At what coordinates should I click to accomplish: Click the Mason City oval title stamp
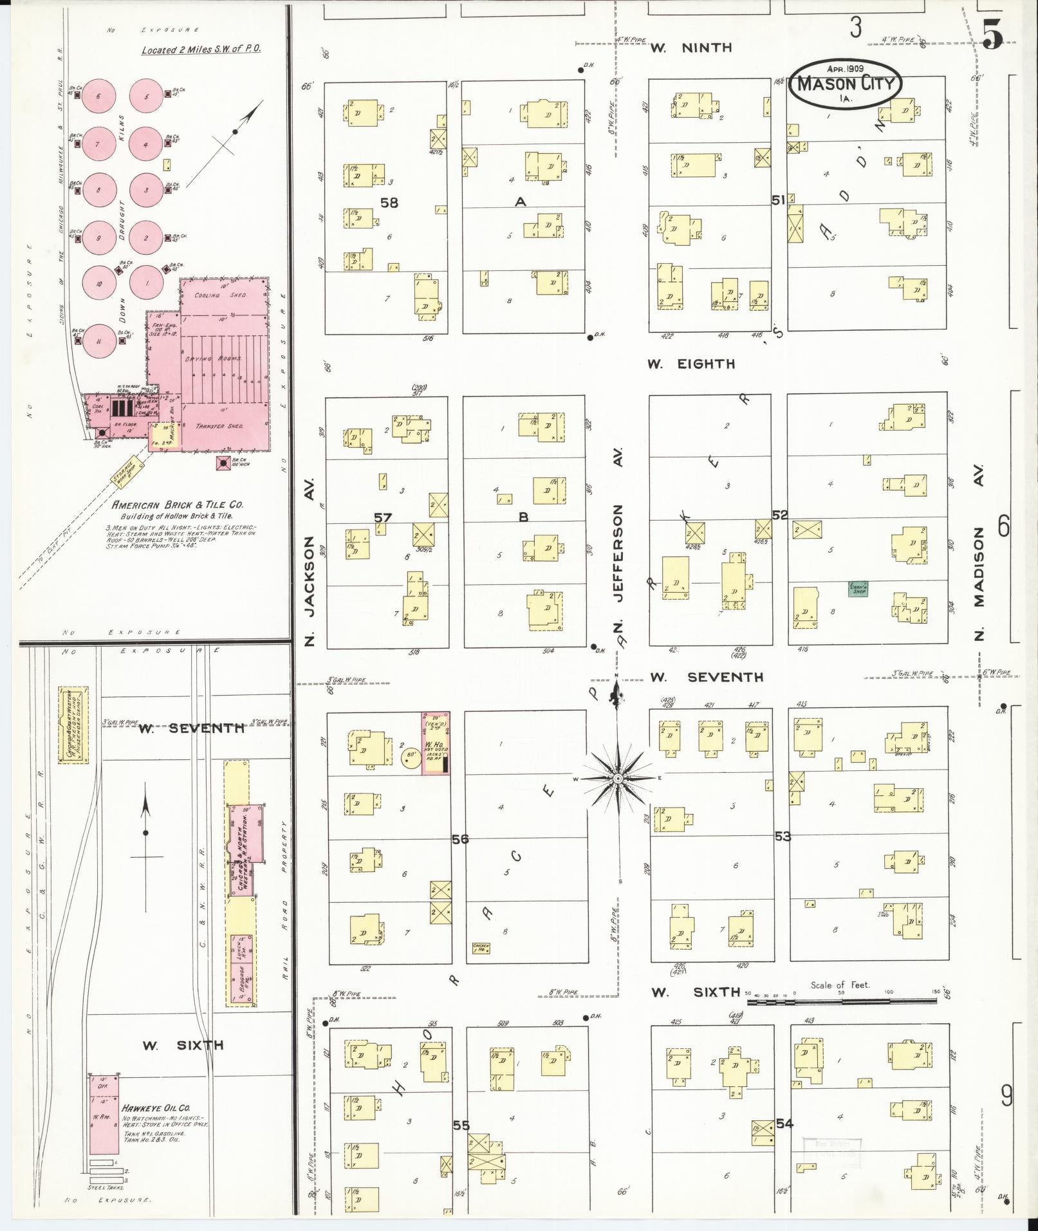click(845, 83)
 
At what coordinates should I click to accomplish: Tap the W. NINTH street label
click(690, 48)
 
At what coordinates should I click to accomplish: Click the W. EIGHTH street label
click(691, 364)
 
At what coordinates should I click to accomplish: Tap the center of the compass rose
click(618, 779)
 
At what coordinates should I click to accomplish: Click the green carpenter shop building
click(858, 588)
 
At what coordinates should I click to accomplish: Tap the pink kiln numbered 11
click(98, 342)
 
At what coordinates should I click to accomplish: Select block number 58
click(389, 203)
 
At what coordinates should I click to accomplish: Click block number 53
click(783, 837)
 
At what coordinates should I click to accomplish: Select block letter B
click(523, 517)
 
